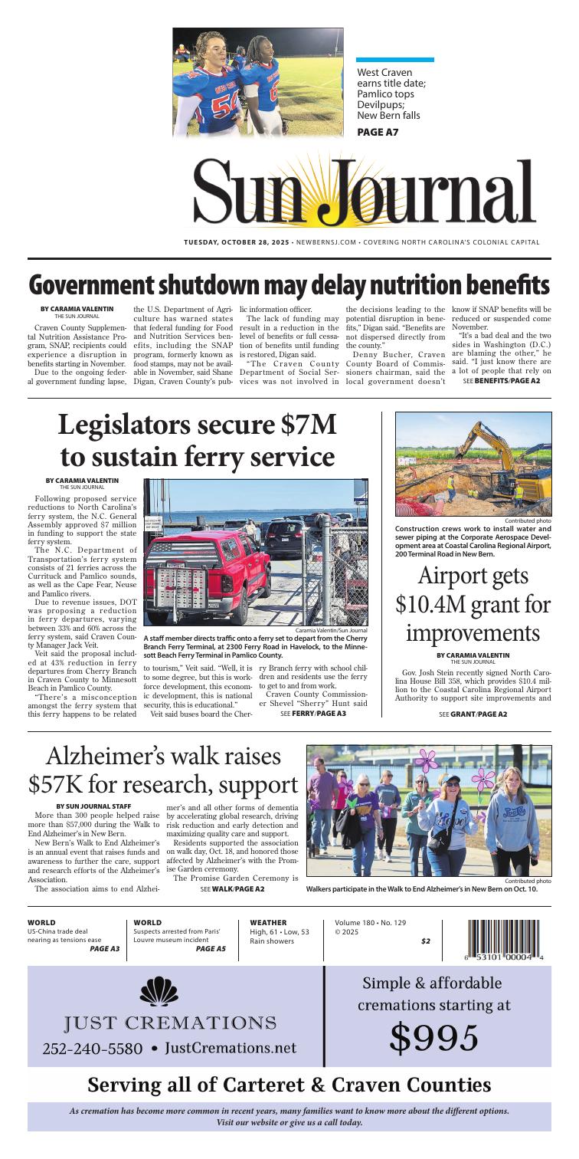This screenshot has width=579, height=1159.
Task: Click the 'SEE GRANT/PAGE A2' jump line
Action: (473, 714)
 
